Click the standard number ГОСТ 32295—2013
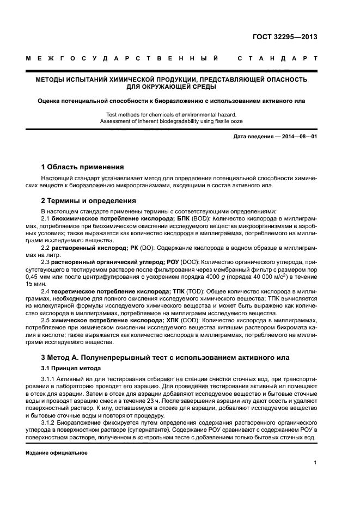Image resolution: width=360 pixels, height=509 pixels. point(285,37)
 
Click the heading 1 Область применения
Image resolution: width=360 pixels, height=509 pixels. point(83,167)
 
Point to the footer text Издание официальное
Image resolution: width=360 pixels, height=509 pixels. point(57,453)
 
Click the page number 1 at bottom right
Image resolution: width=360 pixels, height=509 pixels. point(315,463)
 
